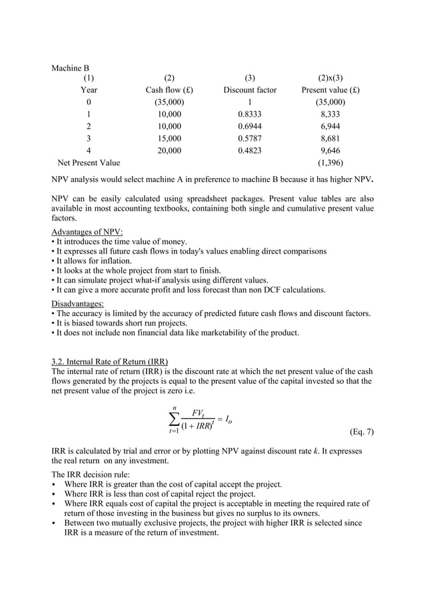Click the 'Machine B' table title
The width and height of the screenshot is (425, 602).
point(71,68)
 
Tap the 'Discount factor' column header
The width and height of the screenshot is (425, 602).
point(250,90)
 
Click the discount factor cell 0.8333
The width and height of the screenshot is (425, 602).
point(250,114)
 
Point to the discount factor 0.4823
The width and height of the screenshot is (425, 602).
point(250,150)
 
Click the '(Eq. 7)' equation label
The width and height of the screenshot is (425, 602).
point(361,431)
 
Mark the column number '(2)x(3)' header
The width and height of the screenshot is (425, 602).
point(330,78)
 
